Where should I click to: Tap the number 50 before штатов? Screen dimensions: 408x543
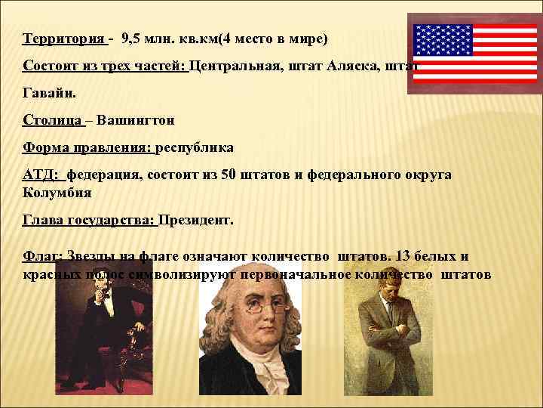[229, 175]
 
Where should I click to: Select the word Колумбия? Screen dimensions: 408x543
[57, 192]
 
